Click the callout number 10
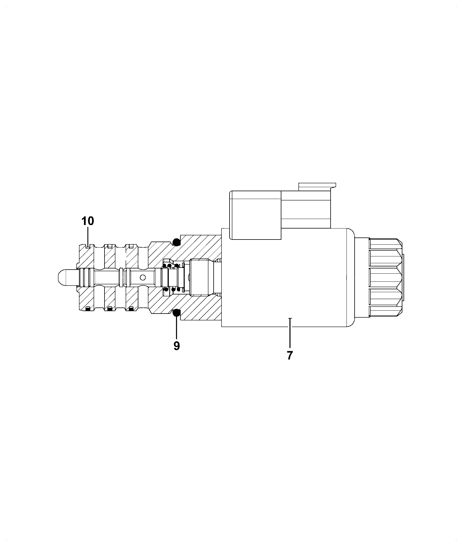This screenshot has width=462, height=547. pos(88,221)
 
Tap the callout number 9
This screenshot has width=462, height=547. pos(177,346)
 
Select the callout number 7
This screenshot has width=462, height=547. pos(290,356)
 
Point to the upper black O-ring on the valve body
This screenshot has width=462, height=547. pos(176,242)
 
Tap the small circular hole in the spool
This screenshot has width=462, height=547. pos(142,278)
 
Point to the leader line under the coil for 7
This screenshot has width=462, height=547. pos(290,333)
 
